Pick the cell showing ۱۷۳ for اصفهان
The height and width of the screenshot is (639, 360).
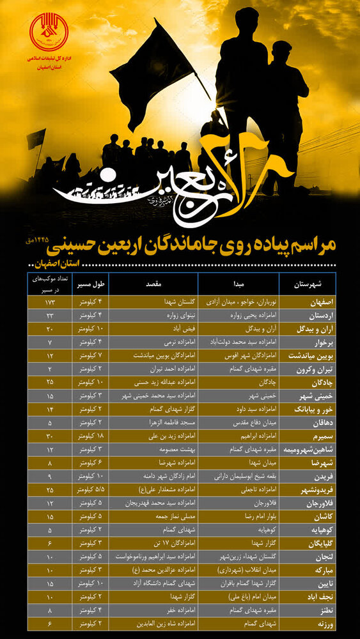pyautogui.click(x=49, y=300)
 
